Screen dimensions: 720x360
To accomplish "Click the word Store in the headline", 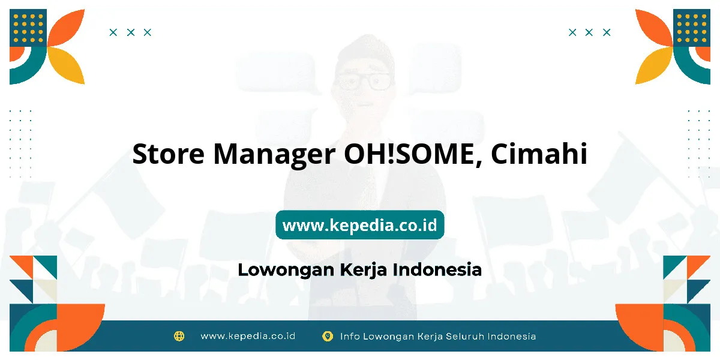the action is (x=168, y=154).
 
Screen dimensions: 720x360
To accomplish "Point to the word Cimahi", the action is (x=539, y=153).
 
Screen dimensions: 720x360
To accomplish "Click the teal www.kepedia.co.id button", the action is (x=359, y=224).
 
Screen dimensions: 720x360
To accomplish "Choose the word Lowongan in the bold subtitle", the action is (x=286, y=270).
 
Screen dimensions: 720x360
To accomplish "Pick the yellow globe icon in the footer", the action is (x=179, y=336).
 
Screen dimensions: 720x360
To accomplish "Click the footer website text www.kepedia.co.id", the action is (x=248, y=336).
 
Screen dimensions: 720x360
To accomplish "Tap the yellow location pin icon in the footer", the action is (x=328, y=336).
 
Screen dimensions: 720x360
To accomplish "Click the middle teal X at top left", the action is (x=131, y=32).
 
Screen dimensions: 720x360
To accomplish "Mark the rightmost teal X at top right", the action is (x=607, y=32).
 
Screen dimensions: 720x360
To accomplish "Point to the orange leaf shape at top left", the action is (x=67, y=28).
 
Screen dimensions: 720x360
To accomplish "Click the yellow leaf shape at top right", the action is (x=654, y=65).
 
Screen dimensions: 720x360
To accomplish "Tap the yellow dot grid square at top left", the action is (x=28, y=28).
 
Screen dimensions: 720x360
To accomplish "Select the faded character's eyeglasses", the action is (x=365, y=82).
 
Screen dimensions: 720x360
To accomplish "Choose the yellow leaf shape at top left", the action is (x=66, y=65).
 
